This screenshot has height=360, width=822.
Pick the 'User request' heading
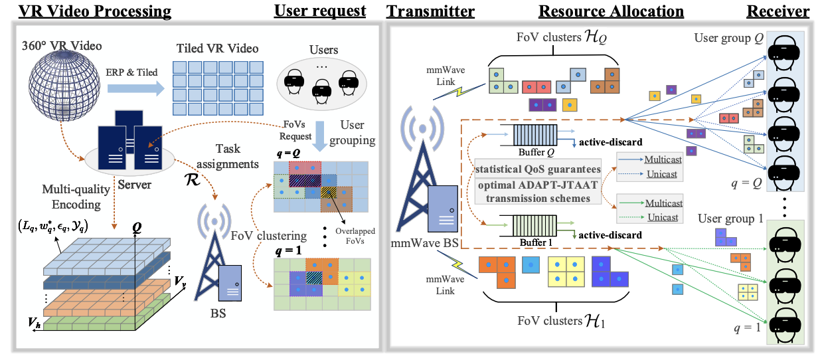319,11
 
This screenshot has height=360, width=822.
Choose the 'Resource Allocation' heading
611,11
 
